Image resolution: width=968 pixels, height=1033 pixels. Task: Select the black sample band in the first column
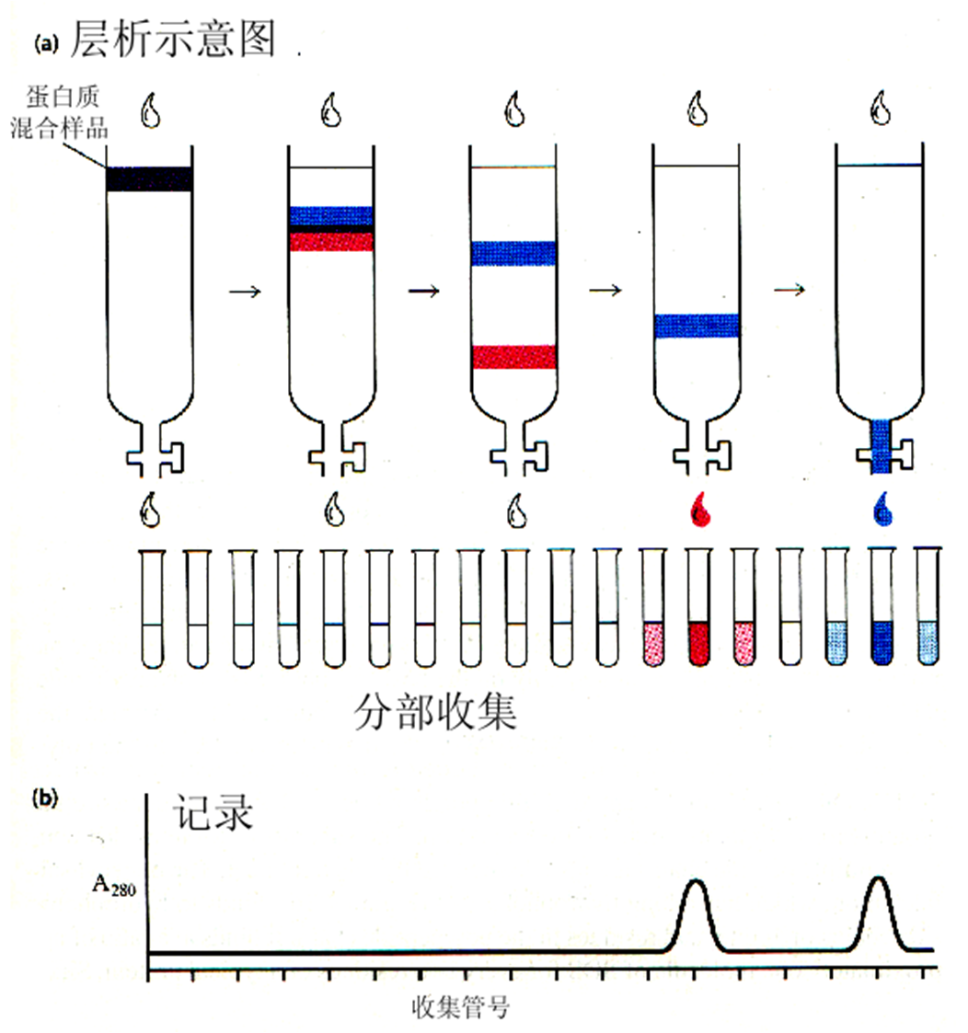[150, 178]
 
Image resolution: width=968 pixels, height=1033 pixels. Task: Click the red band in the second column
[331, 241]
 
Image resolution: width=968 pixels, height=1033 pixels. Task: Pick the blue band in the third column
[513, 253]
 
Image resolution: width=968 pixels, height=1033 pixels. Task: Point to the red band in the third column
[513, 357]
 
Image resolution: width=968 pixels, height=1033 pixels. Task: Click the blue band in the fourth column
[697, 326]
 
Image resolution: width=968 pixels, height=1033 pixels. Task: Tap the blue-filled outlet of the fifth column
[882, 446]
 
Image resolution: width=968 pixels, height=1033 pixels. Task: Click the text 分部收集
[435, 713]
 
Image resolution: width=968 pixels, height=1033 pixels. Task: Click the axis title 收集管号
[460, 1007]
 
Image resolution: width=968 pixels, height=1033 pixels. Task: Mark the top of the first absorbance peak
[697, 881]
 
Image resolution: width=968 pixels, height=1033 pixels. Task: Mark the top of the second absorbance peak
[879, 878]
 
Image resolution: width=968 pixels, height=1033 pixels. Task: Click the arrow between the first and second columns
[244, 292]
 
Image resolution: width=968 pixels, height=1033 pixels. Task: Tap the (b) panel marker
[45, 798]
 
